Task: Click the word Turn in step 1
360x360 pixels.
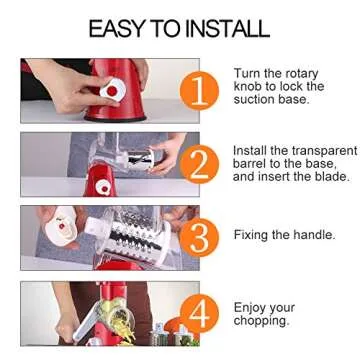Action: (x=248, y=73)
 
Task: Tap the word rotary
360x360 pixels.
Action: (x=304, y=73)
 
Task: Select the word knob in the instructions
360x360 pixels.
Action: (x=250, y=87)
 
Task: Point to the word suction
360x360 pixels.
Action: (x=256, y=100)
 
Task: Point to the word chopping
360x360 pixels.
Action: (x=263, y=320)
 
